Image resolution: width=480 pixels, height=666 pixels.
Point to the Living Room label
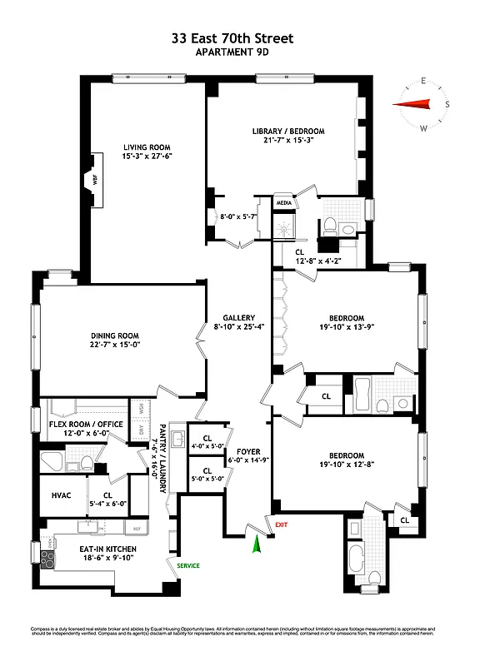pos(147,147)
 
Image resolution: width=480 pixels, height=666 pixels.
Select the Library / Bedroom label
pos(288,132)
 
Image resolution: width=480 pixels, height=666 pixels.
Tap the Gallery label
pos(237,317)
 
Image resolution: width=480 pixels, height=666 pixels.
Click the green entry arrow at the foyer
pos(257,544)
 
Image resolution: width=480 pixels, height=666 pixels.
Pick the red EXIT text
pos(281,525)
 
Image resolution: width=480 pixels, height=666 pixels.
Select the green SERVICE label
pos(187,565)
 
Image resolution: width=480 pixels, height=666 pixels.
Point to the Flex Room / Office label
pos(81,423)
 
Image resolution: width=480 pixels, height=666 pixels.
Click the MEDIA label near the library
pos(284,202)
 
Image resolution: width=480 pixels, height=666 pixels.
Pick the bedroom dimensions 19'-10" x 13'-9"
pos(345,328)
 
